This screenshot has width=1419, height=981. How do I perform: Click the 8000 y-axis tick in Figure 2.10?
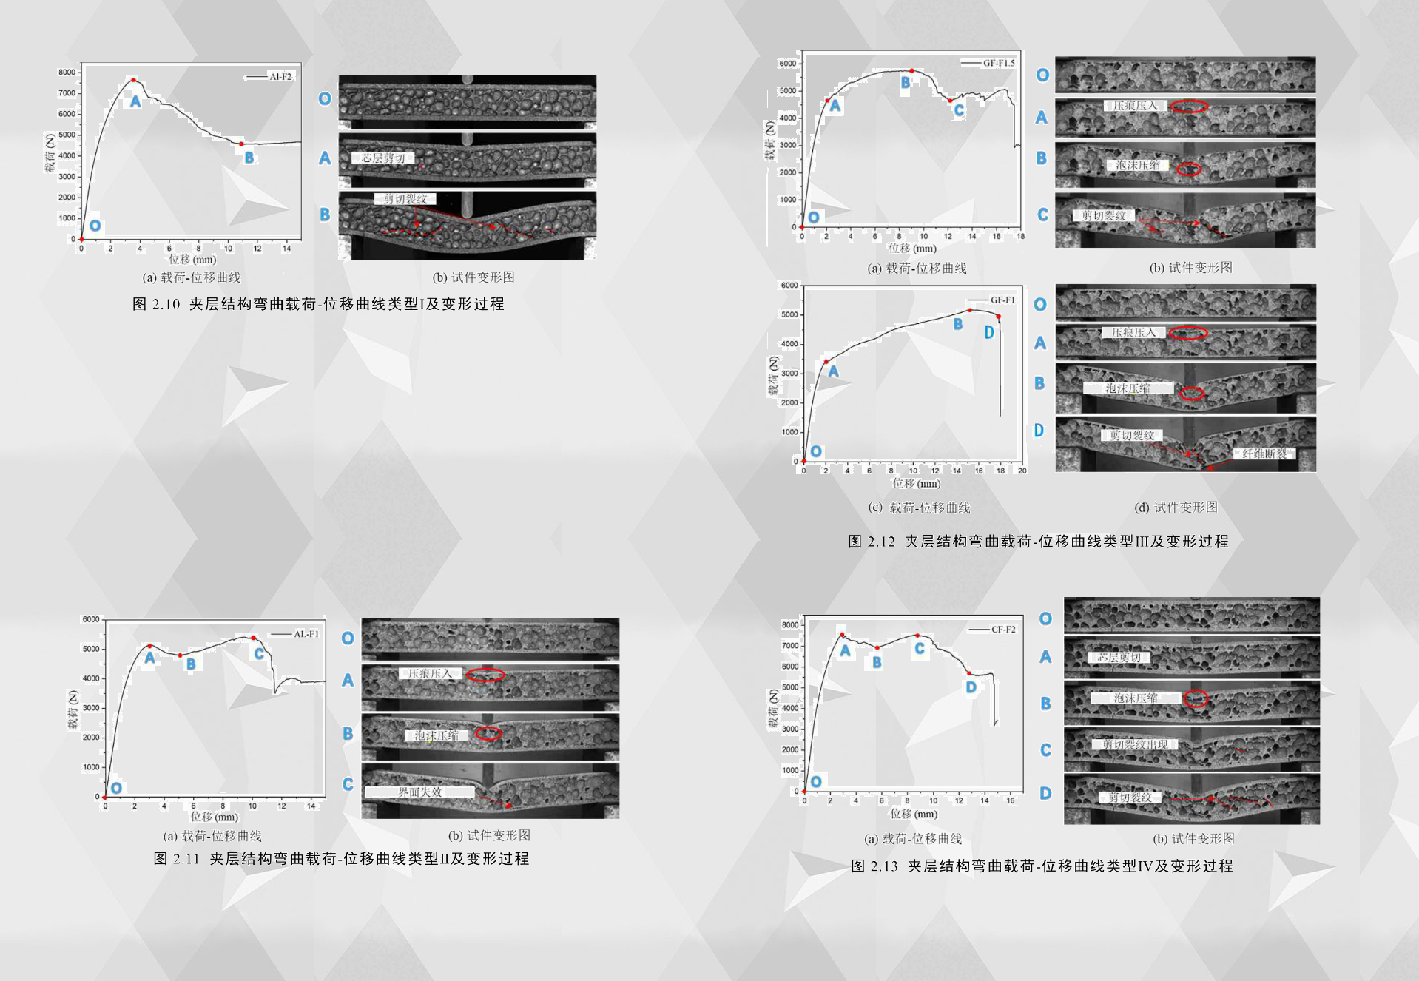pyautogui.click(x=67, y=73)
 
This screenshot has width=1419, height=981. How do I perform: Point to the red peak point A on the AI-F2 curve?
pyautogui.click(x=133, y=80)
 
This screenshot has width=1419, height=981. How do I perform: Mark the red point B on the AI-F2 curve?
pyautogui.click(x=241, y=144)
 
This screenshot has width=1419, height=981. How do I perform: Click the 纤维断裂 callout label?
pyautogui.click(x=1264, y=454)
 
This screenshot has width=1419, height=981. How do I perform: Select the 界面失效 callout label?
pyautogui.click(x=419, y=792)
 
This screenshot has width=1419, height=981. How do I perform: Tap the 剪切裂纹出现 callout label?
pyautogui.click(x=1135, y=744)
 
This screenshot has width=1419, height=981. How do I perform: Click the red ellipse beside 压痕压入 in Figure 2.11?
pyautogui.click(x=485, y=675)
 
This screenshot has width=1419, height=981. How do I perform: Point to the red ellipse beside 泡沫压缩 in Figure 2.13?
pyautogui.click(x=1196, y=698)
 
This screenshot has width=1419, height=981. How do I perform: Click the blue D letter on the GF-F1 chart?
pyautogui.click(x=988, y=332)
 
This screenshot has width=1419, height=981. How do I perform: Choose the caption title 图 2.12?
pyautogui.click(x=871, y=542)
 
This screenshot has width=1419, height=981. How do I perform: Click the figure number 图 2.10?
pyautogui.click(x=155, y=304)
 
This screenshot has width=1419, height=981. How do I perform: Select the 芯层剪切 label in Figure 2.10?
pyautogui.click(x=383, y=158)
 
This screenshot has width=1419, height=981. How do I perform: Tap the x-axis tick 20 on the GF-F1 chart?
pyautogui.click(x=1022, y=471)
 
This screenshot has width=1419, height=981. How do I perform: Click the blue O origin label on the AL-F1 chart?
pyautogui.click(x=116, y=788)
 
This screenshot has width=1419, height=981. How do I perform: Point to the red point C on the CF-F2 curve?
pyautogui.click(x=917, y=636)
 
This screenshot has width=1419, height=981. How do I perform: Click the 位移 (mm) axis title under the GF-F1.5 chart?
pyautogui.click(x=912, y=249)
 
